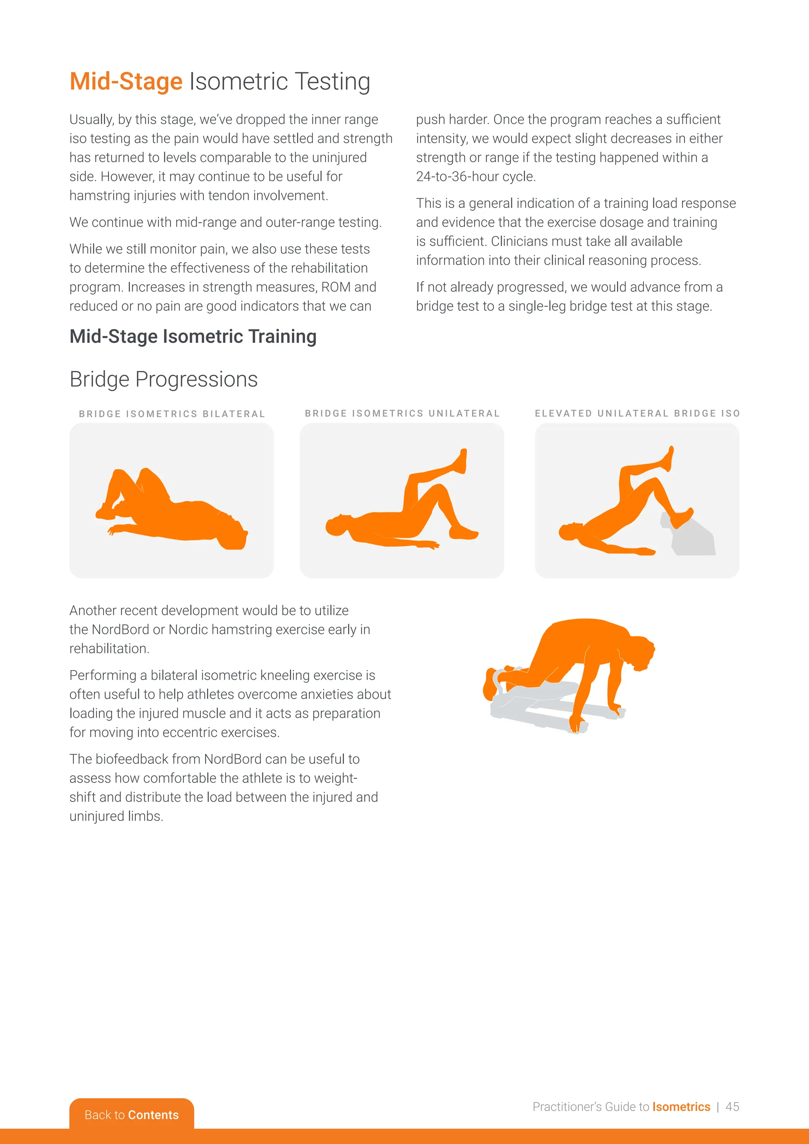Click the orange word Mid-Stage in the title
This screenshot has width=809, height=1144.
coord(126,81)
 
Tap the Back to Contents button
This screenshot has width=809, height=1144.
coord(132,1115)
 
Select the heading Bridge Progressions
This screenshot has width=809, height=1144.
coord(164,379)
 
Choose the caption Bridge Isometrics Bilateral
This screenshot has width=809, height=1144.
coord(172,414)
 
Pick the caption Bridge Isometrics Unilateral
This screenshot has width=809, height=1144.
coord(402,414)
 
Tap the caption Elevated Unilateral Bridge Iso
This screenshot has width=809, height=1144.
coord(637,414)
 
